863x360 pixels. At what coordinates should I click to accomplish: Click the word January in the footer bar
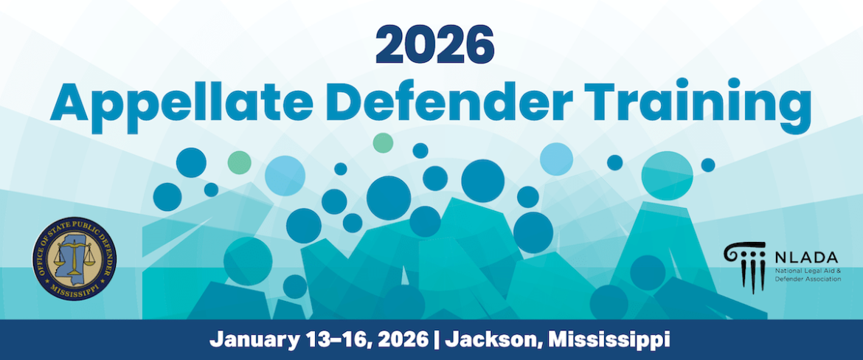tap(254, 339)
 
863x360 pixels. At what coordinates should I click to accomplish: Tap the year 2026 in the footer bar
tap(399, 338)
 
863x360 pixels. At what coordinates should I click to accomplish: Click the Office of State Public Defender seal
tap(74, 258)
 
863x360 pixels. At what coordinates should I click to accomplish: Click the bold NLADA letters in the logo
tap(805, 257)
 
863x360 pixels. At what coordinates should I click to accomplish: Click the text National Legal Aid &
tap(808, 272)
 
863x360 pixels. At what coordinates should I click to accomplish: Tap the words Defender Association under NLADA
tap(808, 280)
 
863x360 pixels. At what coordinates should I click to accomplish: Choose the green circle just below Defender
tap(383, 142)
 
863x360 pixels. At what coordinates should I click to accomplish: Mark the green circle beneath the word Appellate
tap(240, 162)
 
